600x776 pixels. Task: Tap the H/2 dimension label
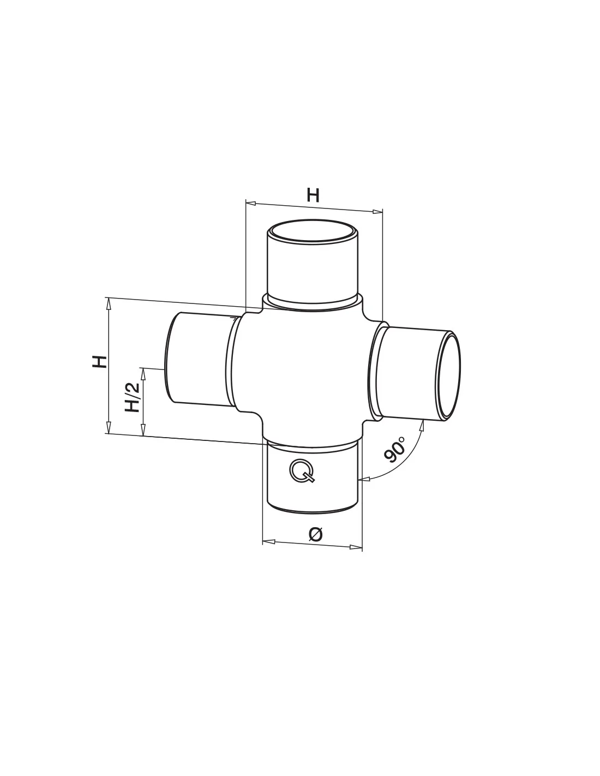pyautogui.click(x=132, y=397)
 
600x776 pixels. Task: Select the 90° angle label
pyautogui.click(x=395, y=449)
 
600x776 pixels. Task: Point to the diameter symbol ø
pyautogui.click(x=315, y=534)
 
